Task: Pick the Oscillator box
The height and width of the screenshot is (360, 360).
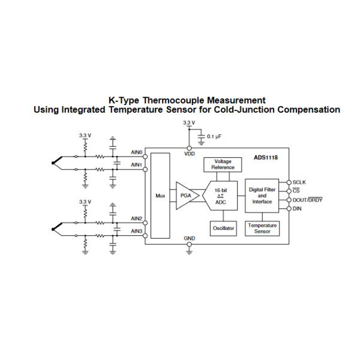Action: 223,228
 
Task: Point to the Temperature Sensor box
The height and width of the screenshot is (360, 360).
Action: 262,229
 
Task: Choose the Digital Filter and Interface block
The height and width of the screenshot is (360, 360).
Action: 262,196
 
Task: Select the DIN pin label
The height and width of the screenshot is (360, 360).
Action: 297,209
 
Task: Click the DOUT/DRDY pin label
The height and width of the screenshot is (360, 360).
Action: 307,200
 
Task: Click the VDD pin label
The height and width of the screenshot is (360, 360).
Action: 190,154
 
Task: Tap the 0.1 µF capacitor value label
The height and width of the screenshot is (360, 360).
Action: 215,137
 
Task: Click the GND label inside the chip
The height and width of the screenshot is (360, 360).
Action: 190,238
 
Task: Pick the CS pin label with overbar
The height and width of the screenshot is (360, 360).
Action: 296,190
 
